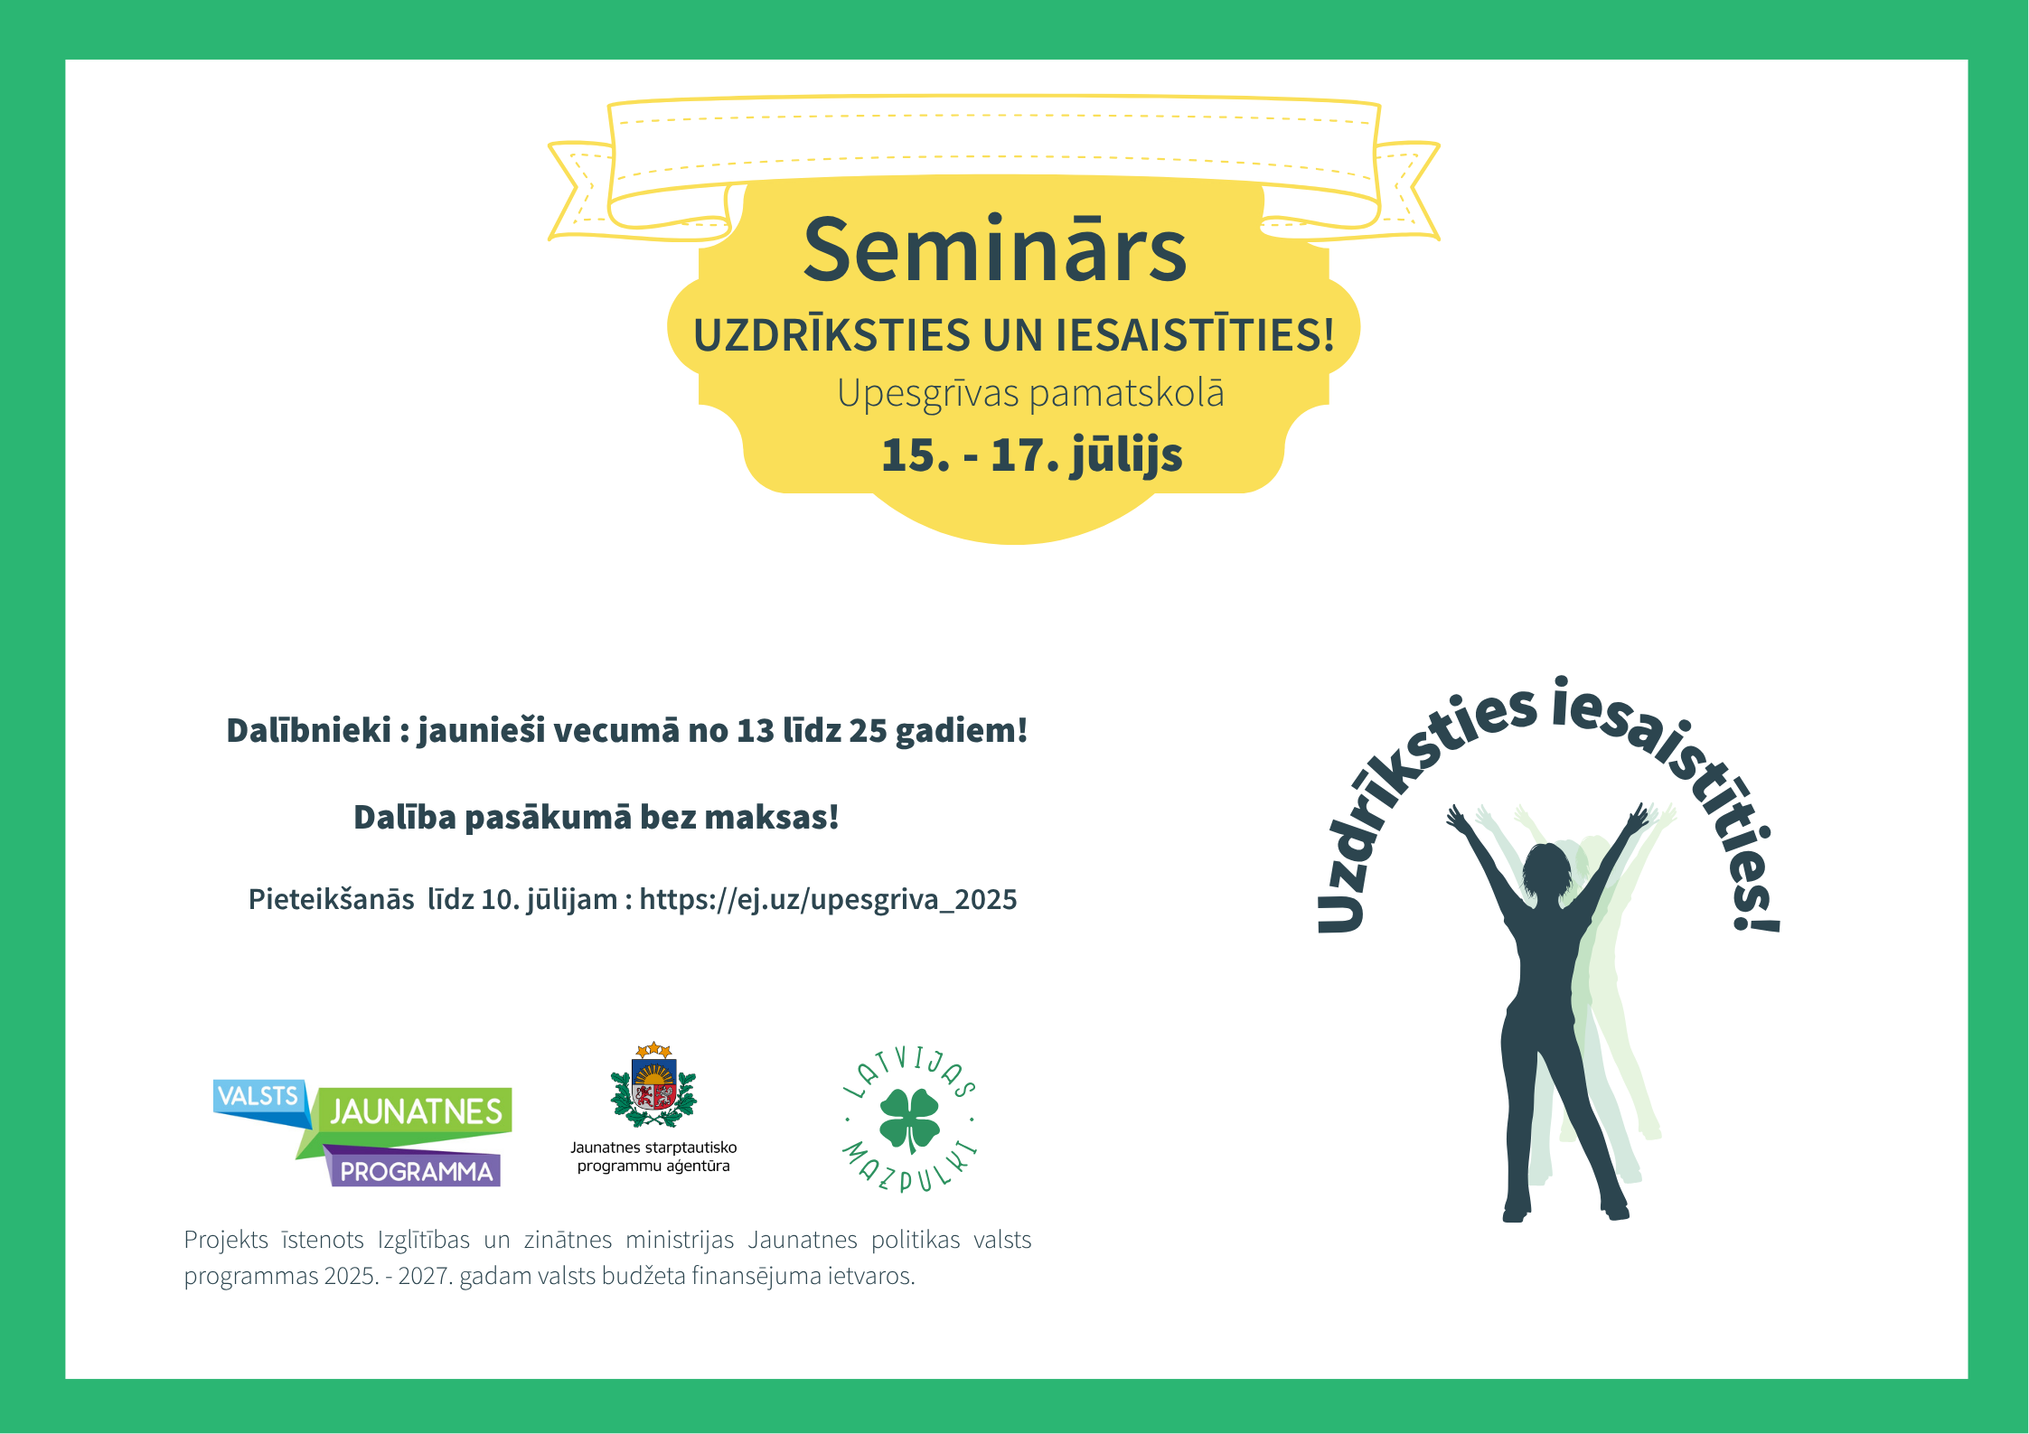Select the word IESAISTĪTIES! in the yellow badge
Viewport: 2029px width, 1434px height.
pyautogui.click(x=1196, y=334)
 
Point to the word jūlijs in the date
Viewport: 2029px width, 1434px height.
pyautogui.click(x=1126, y=455)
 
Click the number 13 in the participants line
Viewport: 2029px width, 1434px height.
pyautogui.click(x=756, y=730)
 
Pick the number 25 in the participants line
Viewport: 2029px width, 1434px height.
pyautogui.click(x=868, y=730)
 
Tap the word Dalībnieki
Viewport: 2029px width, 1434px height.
pyautogui.click(x=308, y=730)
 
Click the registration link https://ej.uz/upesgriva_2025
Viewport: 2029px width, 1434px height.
pyautogui.click(x=828, y=900)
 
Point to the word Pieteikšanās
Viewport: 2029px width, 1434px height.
pyautogui.click(x=332, y=899)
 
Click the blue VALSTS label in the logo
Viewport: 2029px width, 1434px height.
pyautogui.click(x=259, y=1101)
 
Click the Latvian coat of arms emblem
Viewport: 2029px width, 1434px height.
pyautogui.click(x=653, y=1085)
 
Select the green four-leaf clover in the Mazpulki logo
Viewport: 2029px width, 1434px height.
pyautogui.click(x=910, y=1120)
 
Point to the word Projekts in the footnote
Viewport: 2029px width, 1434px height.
pyautogui.click(x=226, y=1240)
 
